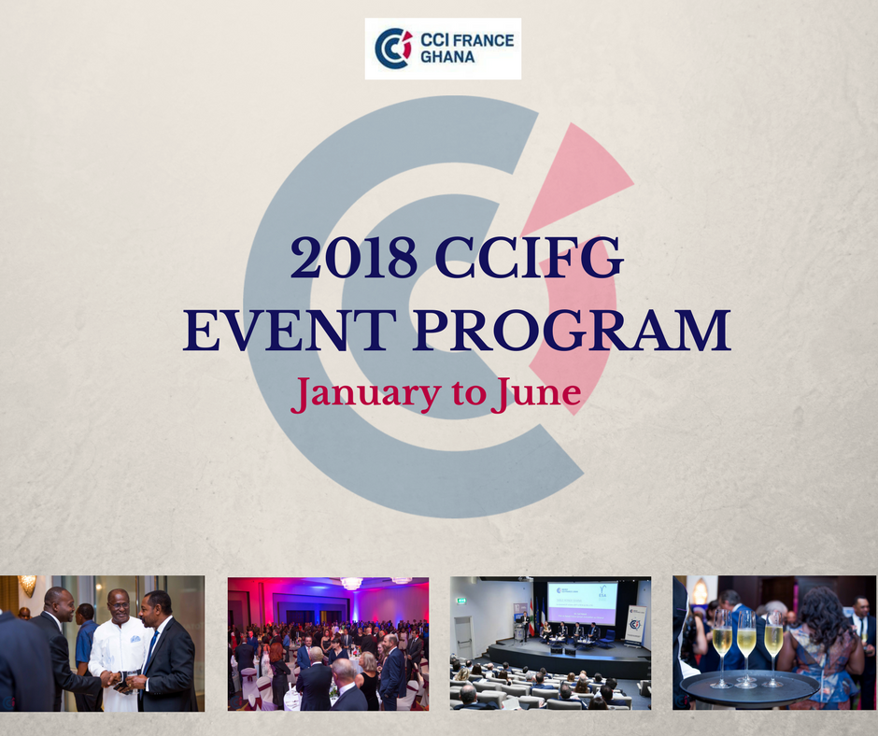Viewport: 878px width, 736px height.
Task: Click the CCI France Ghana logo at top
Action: [443, 49]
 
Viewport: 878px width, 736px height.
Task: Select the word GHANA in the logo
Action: [447, 57]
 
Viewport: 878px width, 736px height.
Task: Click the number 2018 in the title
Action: [354, 257]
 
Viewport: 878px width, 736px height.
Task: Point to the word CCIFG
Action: [530, 257]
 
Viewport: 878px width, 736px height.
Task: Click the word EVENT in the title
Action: [290, 330]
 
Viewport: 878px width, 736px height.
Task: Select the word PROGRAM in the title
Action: [573, 330]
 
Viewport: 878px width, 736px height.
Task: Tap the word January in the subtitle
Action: [365, 394]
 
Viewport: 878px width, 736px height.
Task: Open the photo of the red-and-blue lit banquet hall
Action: [328, 644]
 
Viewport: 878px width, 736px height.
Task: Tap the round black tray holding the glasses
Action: [750, 689]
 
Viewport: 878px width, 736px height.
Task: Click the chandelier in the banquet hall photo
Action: [351, 583]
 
